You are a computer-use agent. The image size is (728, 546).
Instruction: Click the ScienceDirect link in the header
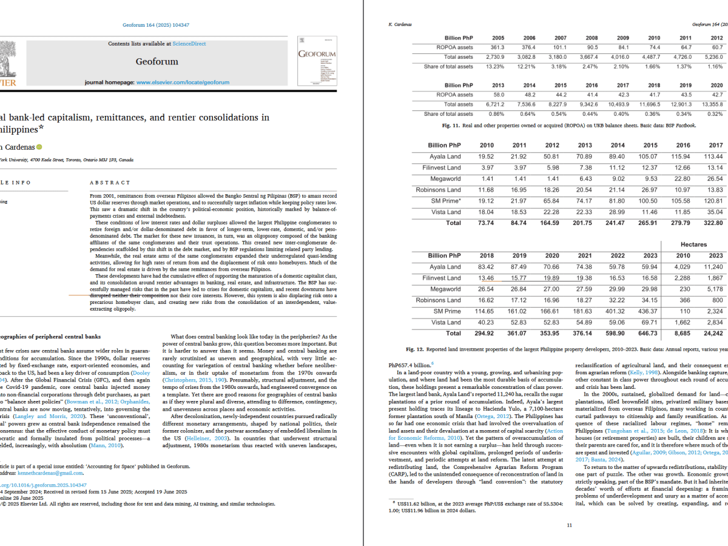189,44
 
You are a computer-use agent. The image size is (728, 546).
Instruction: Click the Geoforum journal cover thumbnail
317,61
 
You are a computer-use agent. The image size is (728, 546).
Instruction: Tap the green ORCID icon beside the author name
39,147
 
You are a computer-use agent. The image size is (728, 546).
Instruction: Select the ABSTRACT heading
110,182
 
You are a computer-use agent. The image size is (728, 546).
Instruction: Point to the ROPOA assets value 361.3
497,47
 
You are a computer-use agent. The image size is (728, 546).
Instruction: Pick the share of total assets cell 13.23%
497,67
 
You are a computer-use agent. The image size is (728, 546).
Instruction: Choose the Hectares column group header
694,244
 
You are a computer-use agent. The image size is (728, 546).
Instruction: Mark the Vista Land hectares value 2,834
715,322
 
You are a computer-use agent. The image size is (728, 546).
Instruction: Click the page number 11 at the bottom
568,525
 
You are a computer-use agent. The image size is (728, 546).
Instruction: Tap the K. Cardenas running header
400,25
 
